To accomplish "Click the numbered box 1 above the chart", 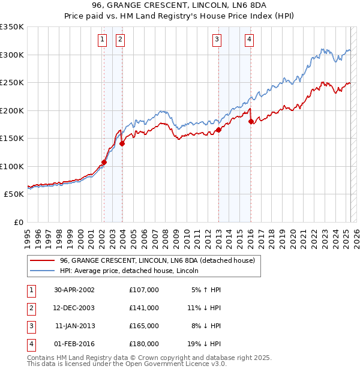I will (x=103, y=40).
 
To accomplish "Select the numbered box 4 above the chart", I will (x=248, y=40).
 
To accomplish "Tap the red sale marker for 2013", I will (x=218, y=130).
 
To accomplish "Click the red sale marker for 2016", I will (x=251, y=121).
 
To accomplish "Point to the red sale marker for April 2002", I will (x=104, y=162).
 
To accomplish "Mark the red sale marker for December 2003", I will (x=122, y=143).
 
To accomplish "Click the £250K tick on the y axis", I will (x=11, y=83).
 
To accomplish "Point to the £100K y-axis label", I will (x=11, y=166).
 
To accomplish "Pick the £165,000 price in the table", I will (x=143, y=326).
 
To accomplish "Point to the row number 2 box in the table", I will (x=30, y=308).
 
